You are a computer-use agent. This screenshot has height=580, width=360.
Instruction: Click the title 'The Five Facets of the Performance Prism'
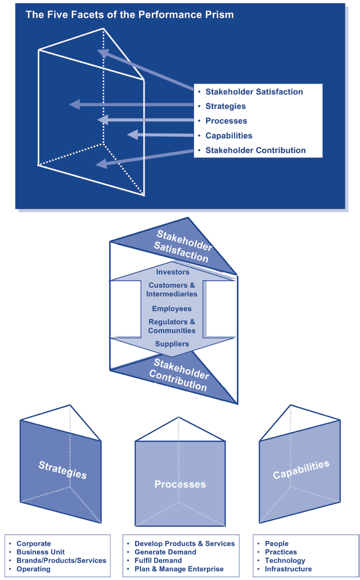(x=130, y=15)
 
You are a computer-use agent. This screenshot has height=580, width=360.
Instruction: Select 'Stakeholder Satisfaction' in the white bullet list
(x=254, y=92)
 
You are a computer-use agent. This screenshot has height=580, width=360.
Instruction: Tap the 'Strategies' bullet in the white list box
(x=225, y=106)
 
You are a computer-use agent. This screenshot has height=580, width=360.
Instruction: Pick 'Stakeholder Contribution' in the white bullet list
(x=255, y=150)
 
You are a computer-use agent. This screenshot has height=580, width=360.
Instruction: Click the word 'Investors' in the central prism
(x=172, y=272)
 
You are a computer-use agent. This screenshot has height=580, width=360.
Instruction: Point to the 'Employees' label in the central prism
(x=172, y=309)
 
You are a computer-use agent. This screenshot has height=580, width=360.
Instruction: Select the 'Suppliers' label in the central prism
(x=172, y=344)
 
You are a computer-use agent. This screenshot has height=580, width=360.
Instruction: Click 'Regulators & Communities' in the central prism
(x=172, y=326)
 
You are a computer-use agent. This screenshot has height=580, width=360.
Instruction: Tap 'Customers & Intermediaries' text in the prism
(x=172, y=290)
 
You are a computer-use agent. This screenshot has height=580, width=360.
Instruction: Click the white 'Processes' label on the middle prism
(x=180, y=484)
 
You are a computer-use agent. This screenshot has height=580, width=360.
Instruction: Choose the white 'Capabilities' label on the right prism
(x=301, y=470)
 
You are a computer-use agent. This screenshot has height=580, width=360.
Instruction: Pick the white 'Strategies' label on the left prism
(x=63, y=470)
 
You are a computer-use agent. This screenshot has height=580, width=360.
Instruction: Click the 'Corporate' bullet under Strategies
(x=34, y=544)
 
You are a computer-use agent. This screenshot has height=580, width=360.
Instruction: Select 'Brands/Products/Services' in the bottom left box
(x=61, y=560)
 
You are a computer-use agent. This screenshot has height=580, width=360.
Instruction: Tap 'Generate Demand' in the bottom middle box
(x=165, y=552)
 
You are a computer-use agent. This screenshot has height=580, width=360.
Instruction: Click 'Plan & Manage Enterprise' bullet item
(x=179, y=569)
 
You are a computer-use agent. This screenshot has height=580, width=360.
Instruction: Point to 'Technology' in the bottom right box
(x=285, y=560)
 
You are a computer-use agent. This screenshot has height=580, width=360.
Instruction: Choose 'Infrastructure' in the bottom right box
(x=288, y=569)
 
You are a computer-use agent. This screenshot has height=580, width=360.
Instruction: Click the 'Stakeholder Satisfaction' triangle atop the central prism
(x=182, y=245)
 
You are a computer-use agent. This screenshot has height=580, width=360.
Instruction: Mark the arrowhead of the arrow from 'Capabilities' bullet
(x=132, y=135)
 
